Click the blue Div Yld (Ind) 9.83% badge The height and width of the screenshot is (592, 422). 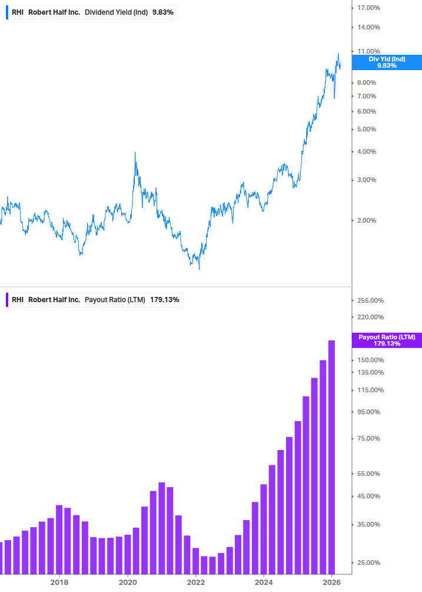(387, 62)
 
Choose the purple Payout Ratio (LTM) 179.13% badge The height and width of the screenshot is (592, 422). (387, 340)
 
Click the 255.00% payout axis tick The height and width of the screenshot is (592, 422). (371, 300)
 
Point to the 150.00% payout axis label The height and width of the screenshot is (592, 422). (371, 360)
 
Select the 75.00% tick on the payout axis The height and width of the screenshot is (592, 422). (369, 438)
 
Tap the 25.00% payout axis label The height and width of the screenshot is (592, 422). (369, 563)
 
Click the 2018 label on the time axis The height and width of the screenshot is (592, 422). (59, 582)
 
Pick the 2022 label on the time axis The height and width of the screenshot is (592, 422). (195, 582)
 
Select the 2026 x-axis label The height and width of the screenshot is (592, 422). (332, 582)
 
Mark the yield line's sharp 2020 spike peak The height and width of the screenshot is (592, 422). (135, 153)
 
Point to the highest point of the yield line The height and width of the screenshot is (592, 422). (338, 54)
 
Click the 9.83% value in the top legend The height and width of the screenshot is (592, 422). (162, 12)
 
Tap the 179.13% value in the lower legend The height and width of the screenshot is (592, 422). (165, 300)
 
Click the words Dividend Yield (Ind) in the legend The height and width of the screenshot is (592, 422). (116, 12)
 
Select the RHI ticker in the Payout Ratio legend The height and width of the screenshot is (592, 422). (18, 300)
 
